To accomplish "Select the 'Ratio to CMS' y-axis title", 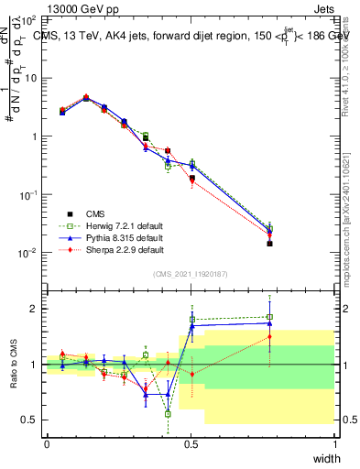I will click(x=14, y=364).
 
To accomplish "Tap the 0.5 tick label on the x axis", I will click(x=191, y=444).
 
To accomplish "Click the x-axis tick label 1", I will click(x=334, y=444).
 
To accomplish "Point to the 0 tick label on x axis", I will click(x=47, y=444).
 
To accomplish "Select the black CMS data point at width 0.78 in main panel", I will click(x=269, y=244).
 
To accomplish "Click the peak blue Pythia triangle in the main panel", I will click(x=86, y=97).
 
